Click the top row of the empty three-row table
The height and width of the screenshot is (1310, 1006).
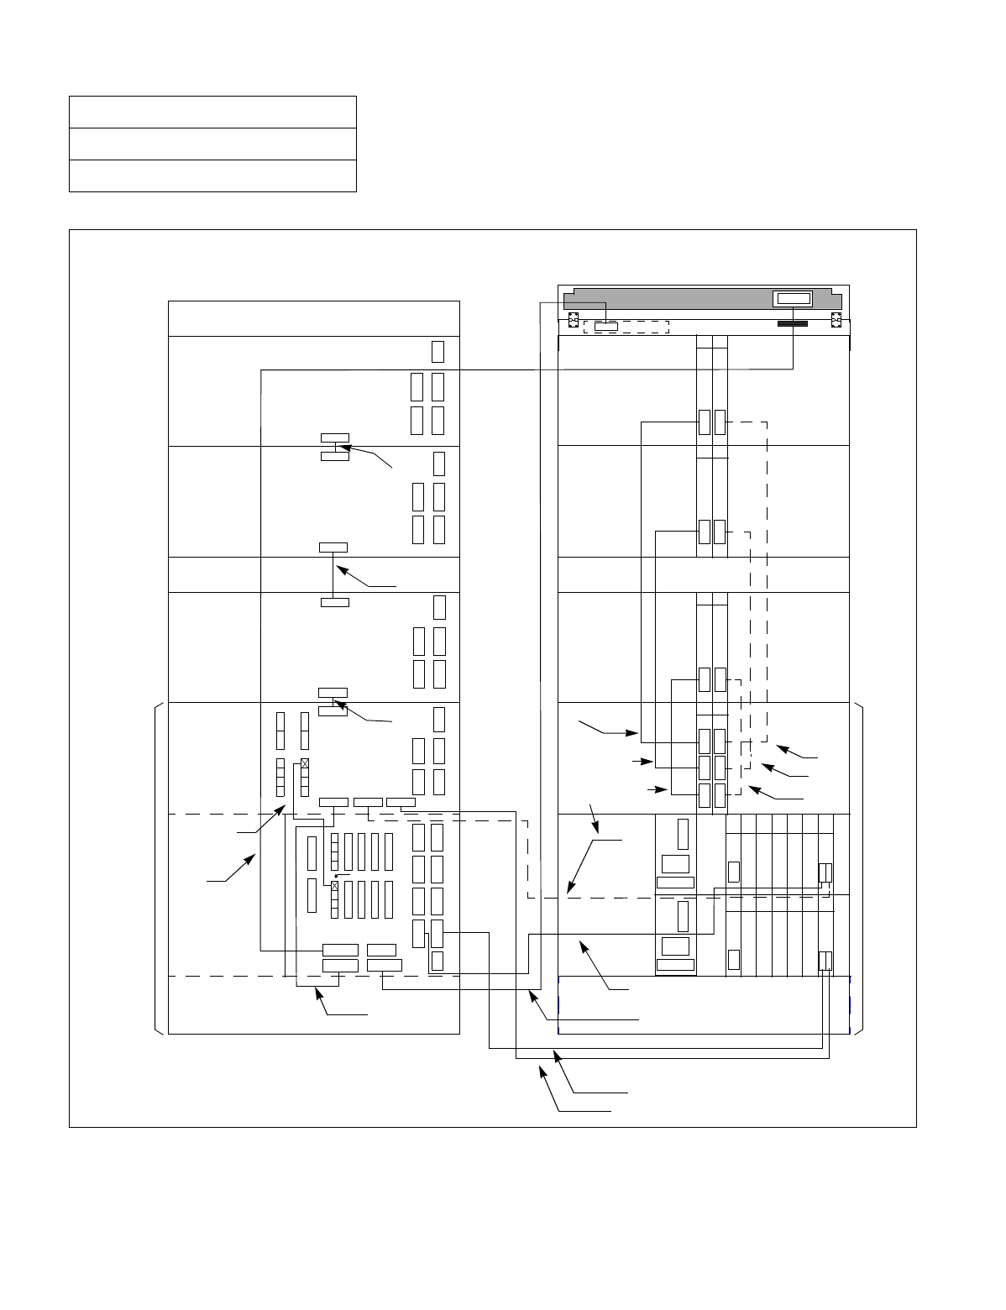(x=212, y=112)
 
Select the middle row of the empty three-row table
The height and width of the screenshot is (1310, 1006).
(x=212, y=144)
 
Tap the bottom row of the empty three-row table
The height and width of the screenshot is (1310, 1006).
(x=212, y=176)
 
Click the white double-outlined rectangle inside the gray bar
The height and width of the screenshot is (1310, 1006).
(x=794, y=298)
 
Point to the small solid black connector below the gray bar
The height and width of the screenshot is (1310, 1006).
(x=793, y=323)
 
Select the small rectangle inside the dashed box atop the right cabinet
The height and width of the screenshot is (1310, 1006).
(x=605, y=326)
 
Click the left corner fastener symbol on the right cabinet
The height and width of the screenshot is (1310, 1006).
(x=572, y=321)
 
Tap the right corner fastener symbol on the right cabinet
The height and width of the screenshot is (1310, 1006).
(x=836, y=321)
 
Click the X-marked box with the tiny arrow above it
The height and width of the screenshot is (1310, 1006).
(x=335, y=886)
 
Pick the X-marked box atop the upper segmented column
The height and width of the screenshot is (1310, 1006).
(x=305, y=763)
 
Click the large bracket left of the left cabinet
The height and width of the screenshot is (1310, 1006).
(x=158, y=869)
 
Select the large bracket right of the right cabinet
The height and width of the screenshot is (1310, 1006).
(x=860, y=869)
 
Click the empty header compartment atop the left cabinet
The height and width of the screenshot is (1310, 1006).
(x=313, y=318)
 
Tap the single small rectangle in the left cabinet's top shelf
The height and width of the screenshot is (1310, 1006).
(x=438, y=351)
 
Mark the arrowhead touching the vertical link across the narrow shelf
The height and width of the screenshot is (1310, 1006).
(x=338, y=569)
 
